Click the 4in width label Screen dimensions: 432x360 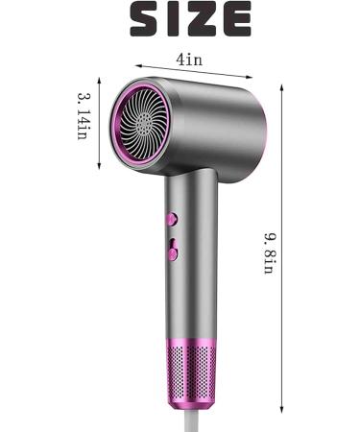189,59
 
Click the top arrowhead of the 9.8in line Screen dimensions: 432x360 281,85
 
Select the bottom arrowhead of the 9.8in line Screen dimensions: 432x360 281,412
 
